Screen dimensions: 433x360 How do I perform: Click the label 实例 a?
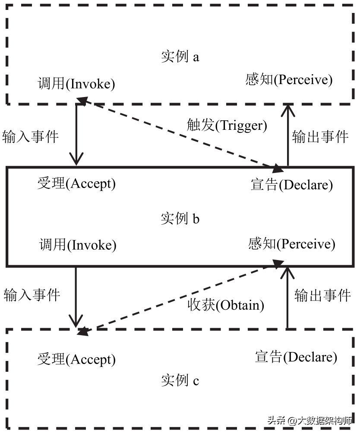pyautogui.click(x=180, y=57)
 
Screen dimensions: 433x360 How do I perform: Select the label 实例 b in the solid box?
pyautogui.click(x=180, y=219)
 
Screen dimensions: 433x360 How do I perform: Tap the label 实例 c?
pyautogui.click(x=180, y=381)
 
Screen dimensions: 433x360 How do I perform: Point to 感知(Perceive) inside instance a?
pyautogui.click(x=289, y=80)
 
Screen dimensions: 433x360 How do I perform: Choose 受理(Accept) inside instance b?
pyautogui.click(x=77, y=184)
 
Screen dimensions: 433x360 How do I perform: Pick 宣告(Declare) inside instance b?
pyautogui.click(x=292, y=185)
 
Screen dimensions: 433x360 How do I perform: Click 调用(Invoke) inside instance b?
pyautogui.click(x=78, y=245)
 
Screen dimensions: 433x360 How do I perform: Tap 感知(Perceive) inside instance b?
pyautogui.click(x=292, y=244)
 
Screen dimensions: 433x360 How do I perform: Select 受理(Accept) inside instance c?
pyautogui.click(x=76, y=359)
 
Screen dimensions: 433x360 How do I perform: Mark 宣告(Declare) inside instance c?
pyautogui.click(x=296, y=357)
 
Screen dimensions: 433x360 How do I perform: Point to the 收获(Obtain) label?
pyautogui.click(x=226, y=305)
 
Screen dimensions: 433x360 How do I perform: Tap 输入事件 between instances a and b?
pyautogui.click(x=30, y=137)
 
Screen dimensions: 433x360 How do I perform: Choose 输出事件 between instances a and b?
pyautogui.click(x=320, y=137)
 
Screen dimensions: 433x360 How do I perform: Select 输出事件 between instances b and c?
pyautogui.click(x=322, y=295)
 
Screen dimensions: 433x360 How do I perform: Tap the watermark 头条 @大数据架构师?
pyautogui.click(x=309, y=420)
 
